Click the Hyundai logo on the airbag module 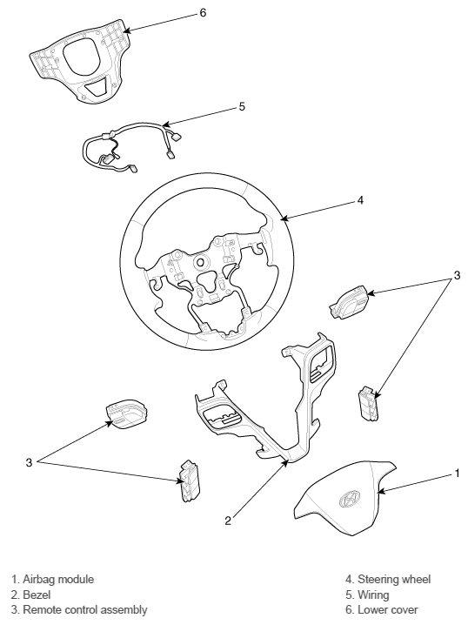(x=350, y=499)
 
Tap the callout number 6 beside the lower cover (x=204, y=13)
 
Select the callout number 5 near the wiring (x=242, y=107)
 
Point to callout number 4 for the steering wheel (x=360, y=200)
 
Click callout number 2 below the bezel (x=228, y=521)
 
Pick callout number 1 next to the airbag (x=457, y=474)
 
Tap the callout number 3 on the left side (x=29, y=463)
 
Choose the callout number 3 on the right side (x=457, y=275)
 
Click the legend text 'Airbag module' (x=58, y=579)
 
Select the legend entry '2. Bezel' (x=30, y=595)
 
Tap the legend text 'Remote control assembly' (x=85, y=609)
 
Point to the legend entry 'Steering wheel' (x=394, y=579)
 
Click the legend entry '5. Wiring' (x=367, y=595)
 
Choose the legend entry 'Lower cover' (x=388, y=609)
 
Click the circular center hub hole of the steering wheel (x=200, y=262)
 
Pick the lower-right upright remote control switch (x=369, y=402)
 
